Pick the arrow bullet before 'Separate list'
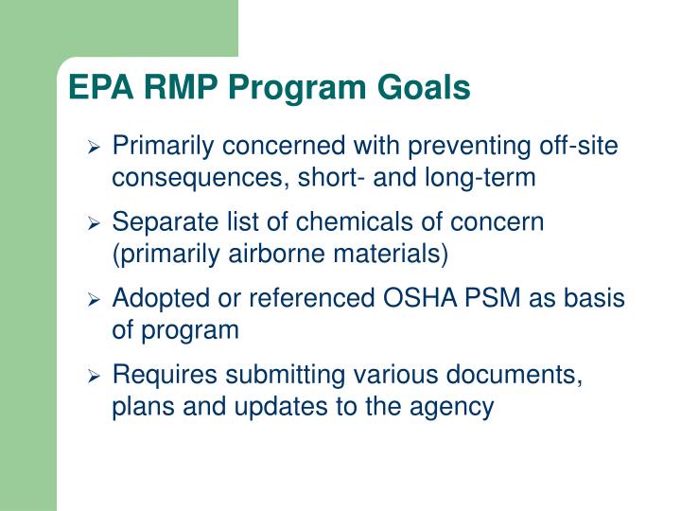pos(94,224)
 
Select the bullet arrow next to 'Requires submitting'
pos(94,378)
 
